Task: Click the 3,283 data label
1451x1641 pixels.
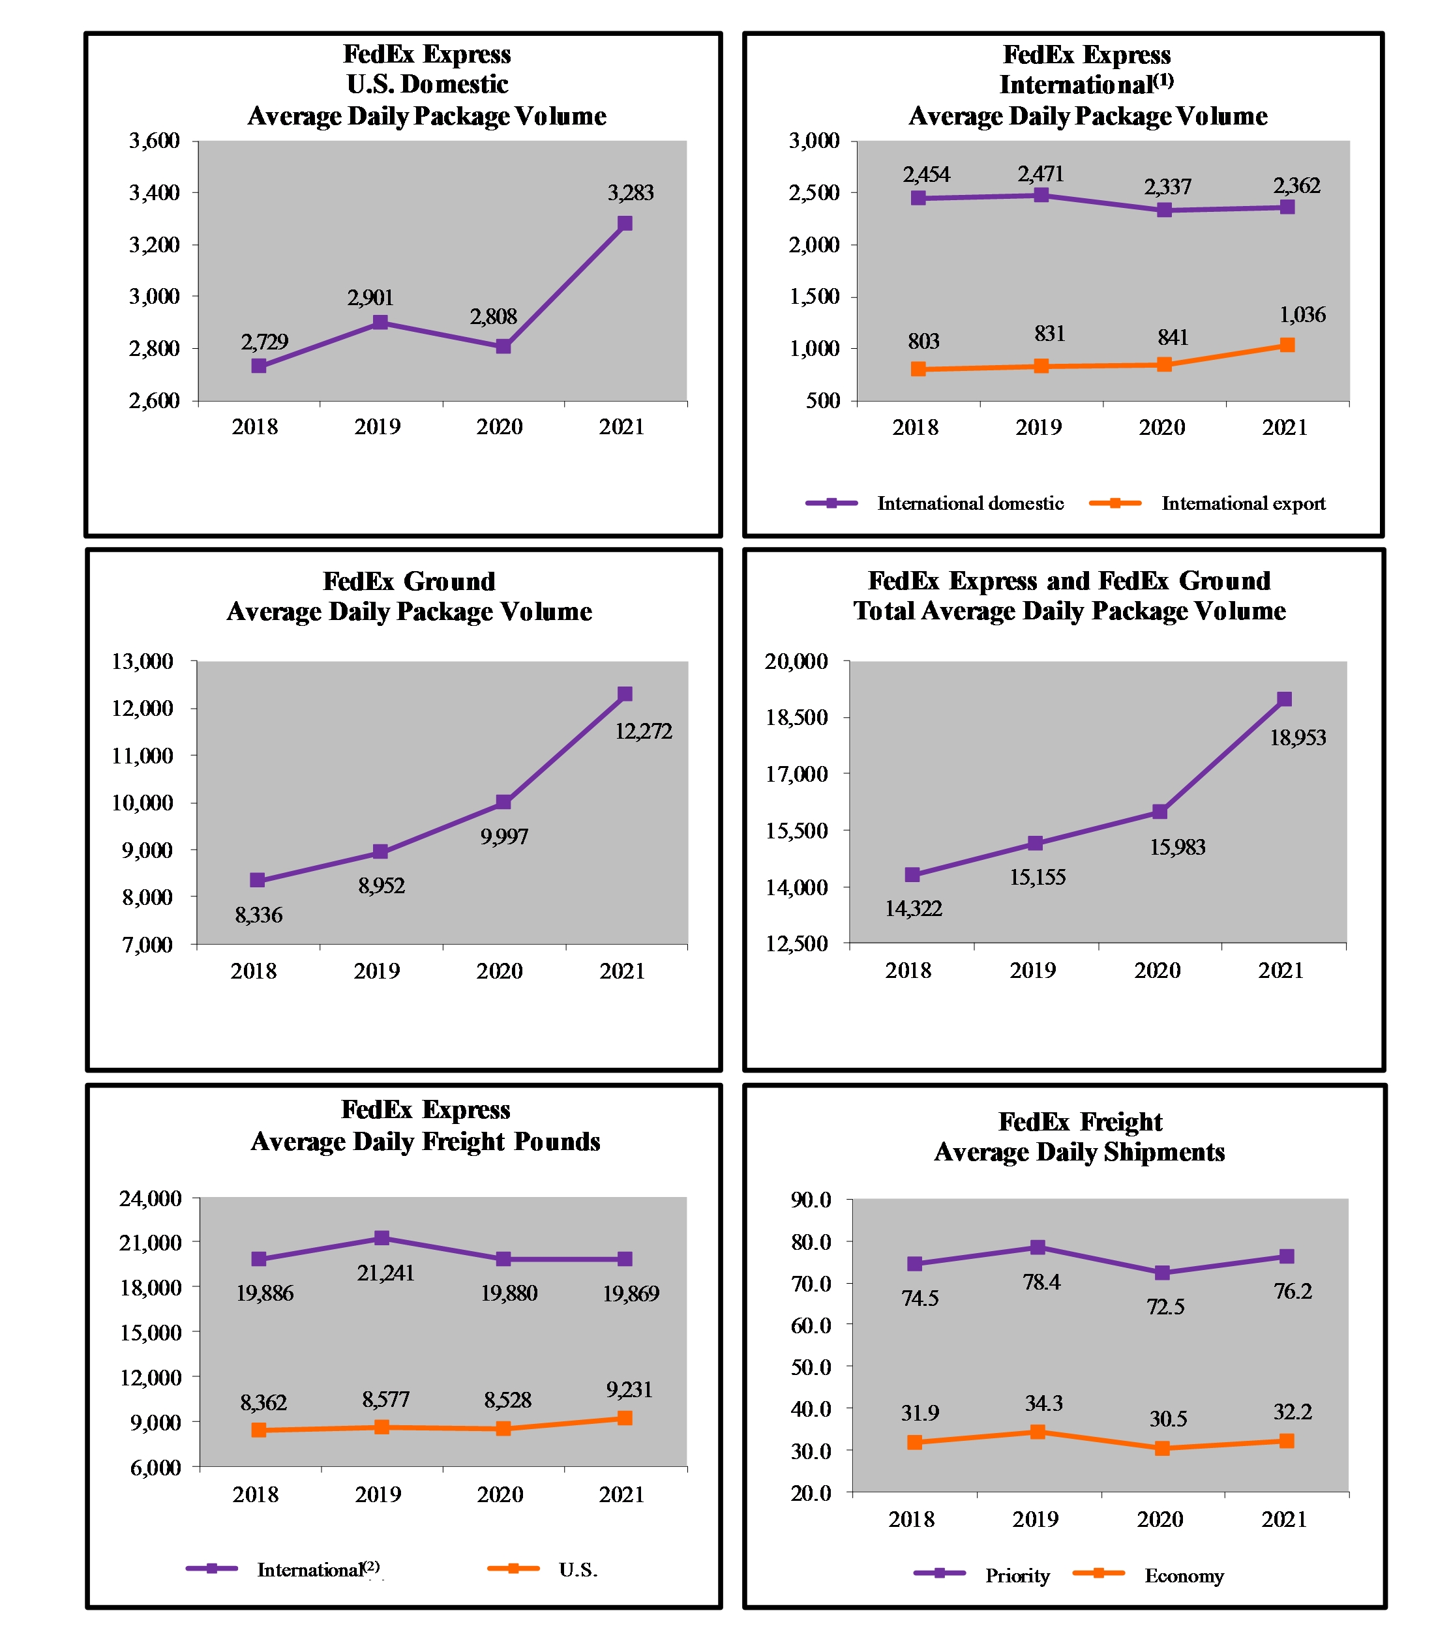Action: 631,193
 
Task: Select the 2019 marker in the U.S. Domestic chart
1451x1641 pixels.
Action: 381,322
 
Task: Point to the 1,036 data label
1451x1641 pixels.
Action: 1302,315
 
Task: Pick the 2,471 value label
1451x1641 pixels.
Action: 1041,173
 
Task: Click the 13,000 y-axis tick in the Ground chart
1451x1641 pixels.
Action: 143,662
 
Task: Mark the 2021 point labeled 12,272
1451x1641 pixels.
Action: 625,694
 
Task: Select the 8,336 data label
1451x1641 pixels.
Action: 258,915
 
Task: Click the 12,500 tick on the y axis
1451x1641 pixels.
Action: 796,943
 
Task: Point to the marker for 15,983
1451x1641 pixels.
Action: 1159,812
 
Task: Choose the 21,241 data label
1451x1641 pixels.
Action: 385,1273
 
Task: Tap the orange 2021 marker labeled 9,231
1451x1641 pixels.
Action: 625,1418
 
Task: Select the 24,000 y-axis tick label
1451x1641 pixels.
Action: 150,1198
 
